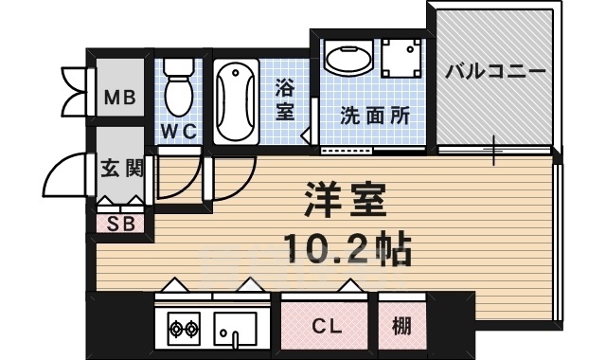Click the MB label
pyautogui.click(x=119, y=97)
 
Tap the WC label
pyautogui.click(x=178, y=132)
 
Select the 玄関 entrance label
pyautogui.click(x=121, y=170)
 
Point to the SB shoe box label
pyautogui.click(x=120, y=225)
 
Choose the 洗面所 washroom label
pyautogui.click(x=375, y=116)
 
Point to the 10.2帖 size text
pyautogui.click(x=347, y=248)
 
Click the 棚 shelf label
pyautogui.click(x=401, y=327)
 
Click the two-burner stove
pyautogui.click(x=183, y=330)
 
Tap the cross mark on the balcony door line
pyautogui.click(x=493, y=150)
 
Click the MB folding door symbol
pyautogui.click(x=73, y=91)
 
